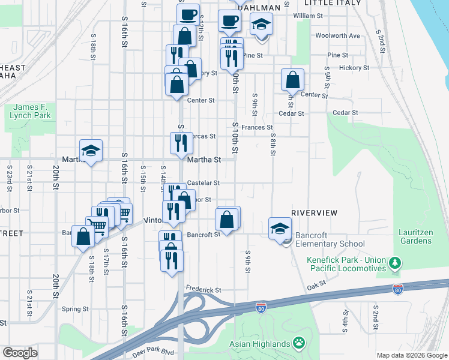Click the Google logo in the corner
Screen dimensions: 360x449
coord(20,353)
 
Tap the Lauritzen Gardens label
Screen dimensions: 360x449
coord(415,236)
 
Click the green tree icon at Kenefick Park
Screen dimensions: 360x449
coord(395,263)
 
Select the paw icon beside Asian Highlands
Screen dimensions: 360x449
coord(298,343)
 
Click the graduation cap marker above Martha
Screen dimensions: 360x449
coord(91,151)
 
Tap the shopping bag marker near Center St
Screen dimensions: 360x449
coord(292,80)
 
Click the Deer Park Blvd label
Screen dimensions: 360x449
coord(152,352)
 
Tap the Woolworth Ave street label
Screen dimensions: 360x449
coord(337,36)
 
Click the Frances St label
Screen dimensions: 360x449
coord(257,128)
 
